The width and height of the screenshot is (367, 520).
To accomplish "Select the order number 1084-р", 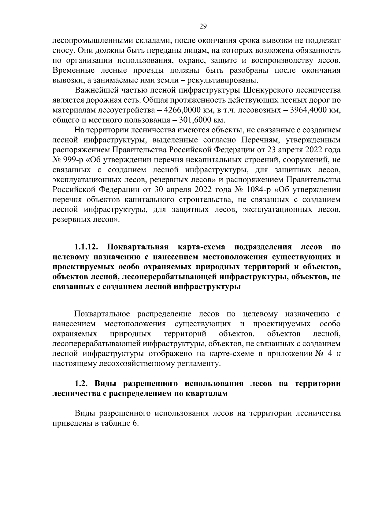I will [x=256, y=190].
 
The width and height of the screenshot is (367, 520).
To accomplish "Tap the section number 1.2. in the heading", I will [x=82, y=384].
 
